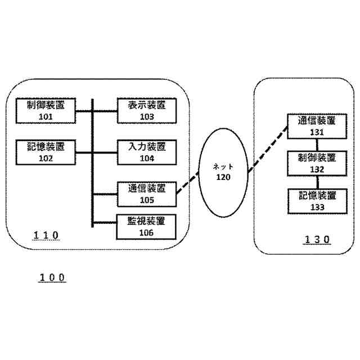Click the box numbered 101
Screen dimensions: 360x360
46,111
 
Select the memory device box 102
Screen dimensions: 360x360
46,152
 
